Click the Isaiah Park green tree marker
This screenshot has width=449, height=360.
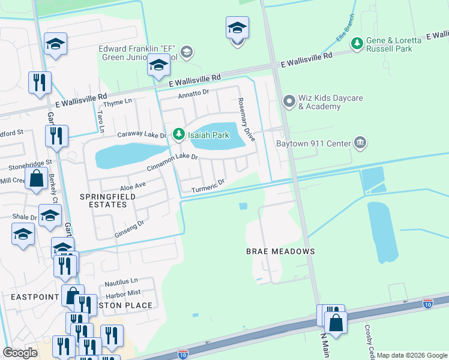click(178, 135)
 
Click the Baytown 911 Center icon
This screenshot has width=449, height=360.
click(360, 143)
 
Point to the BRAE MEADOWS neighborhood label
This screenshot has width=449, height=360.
click(280, 251)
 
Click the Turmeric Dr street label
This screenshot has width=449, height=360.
click(208, 186)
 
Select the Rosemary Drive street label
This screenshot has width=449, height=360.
click(247, 119)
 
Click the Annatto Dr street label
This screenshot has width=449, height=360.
click(193, 94)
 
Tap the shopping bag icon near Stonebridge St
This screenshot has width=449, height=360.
click(37, 179)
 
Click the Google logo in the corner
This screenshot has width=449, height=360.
click(20, 353)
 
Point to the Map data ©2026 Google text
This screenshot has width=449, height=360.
click(411, 355)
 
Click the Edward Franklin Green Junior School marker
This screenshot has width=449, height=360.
click(187, 53)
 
